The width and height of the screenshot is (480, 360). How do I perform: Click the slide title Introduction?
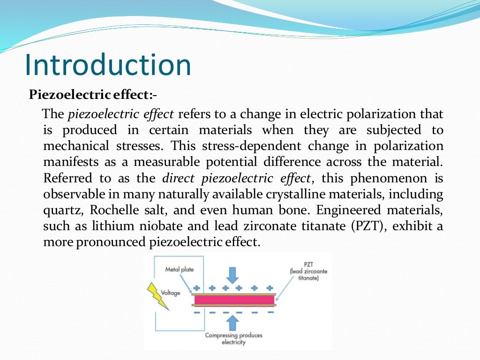[x=108, y=65]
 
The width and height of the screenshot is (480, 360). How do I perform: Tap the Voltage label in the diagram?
[x=171, y=293]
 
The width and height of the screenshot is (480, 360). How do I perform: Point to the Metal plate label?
[x=179, y=270]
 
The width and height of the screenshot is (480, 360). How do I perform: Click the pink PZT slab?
[x=233, y=299]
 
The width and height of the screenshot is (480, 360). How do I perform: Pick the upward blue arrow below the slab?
[x=233, y=323]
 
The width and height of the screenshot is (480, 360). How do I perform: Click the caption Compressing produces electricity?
[x=233, y=338]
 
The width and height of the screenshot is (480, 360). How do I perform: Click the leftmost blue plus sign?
[x=196, y=288]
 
